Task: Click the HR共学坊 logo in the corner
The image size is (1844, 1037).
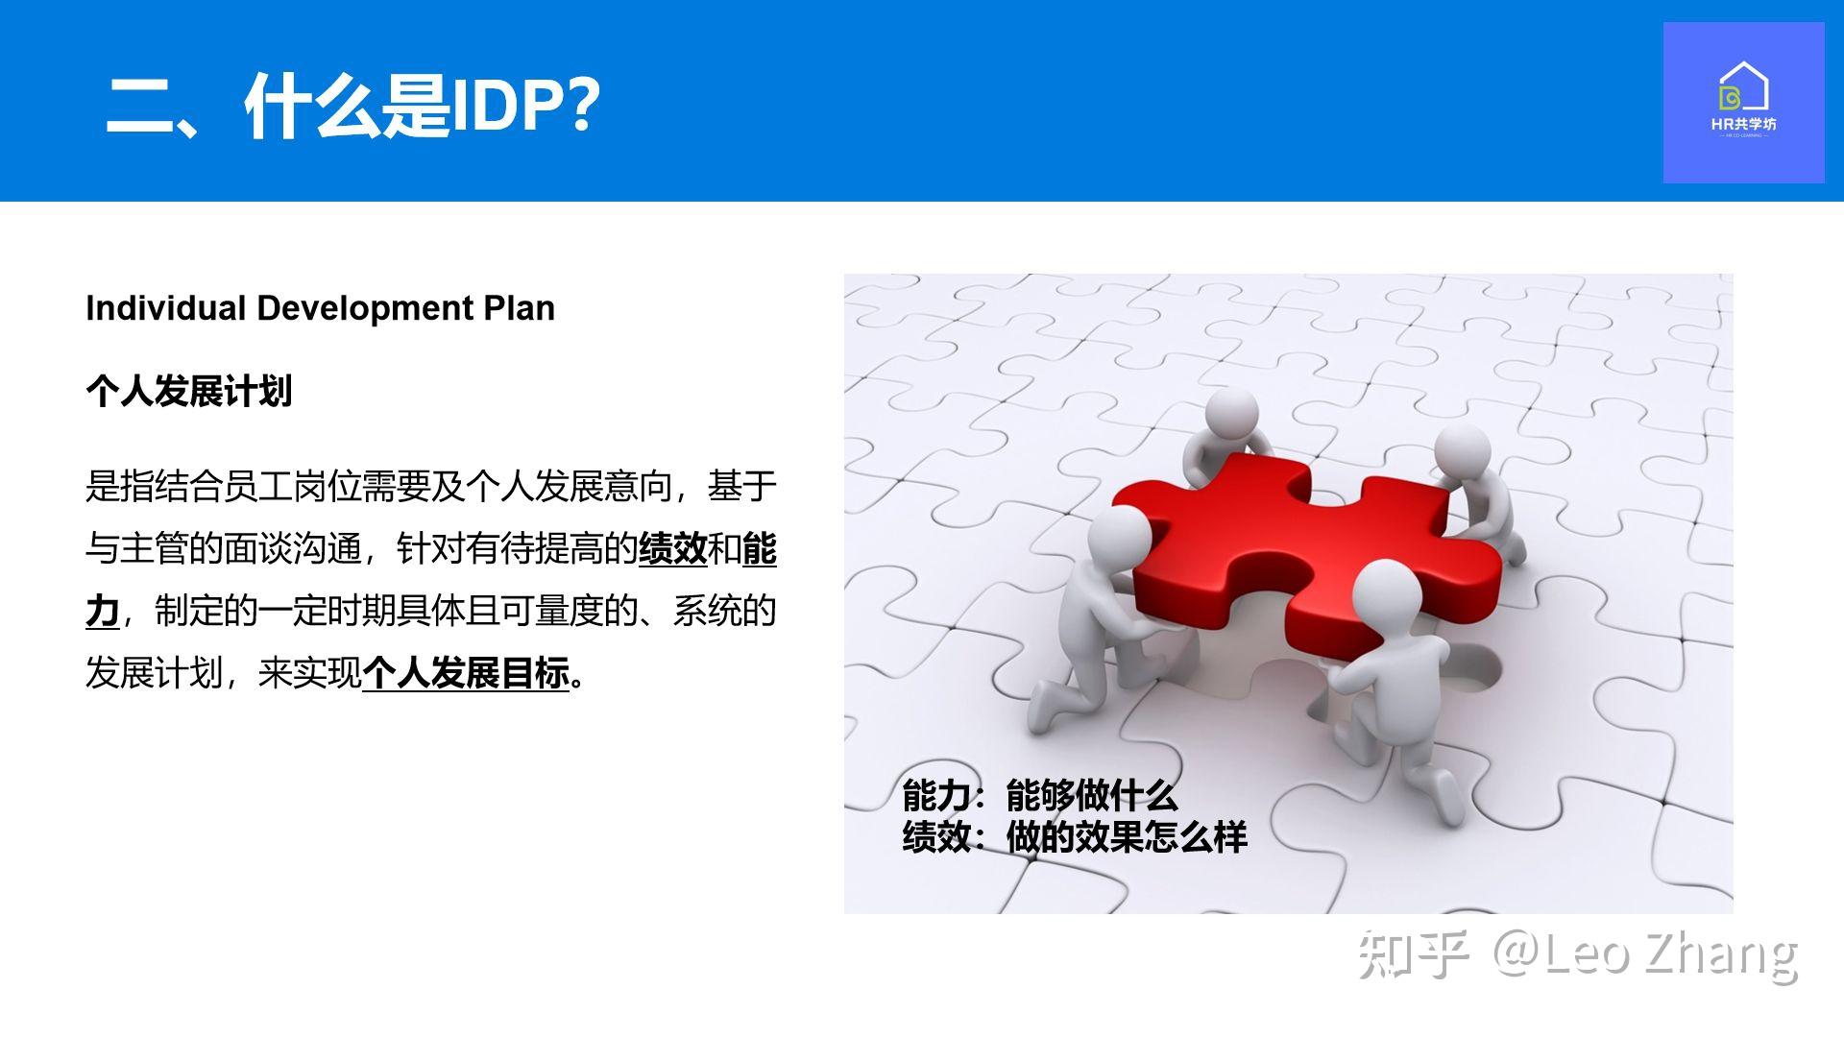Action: [1743, 103]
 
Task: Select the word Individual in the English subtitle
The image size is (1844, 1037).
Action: [166, 308]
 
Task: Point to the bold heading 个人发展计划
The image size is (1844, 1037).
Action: [188, 391]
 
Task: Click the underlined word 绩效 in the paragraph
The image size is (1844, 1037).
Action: [673, 548]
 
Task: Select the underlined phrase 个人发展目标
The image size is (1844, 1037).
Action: [466, 672]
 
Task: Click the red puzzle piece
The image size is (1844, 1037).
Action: [1306, 551]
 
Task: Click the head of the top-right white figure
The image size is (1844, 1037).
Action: [1463, 452]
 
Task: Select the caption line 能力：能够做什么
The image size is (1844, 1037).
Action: [1040, 796]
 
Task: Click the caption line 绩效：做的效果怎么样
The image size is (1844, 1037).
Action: [1075, 837]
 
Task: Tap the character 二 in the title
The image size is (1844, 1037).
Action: [139, 106]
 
